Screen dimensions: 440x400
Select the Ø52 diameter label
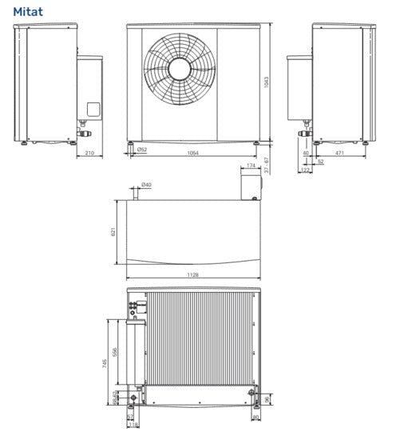141,150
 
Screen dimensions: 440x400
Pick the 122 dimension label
306,170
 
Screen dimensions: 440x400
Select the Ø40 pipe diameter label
146,185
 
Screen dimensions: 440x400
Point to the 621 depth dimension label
113,232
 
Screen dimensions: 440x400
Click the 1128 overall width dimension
192,274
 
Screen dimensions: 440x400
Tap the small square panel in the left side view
93,110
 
